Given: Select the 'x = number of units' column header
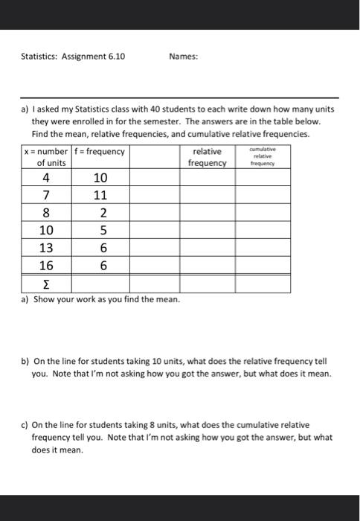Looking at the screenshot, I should [45, 157].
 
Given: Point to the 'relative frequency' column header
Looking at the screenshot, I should [207, 157].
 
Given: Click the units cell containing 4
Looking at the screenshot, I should [47, 178].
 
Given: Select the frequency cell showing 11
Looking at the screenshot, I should [100, 196].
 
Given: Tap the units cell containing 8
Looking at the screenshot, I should [47, 213].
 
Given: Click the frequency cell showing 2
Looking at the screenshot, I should [100, 213].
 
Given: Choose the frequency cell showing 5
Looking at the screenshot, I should [100, 231].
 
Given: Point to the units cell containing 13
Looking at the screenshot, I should [47, 248].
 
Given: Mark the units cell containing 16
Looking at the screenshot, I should [47, 265].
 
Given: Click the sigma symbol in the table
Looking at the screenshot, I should [47, 284].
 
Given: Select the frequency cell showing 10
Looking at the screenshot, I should [100, 178].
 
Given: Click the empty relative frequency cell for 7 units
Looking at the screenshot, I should [207, 196].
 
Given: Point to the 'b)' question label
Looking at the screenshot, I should [25, 362].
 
